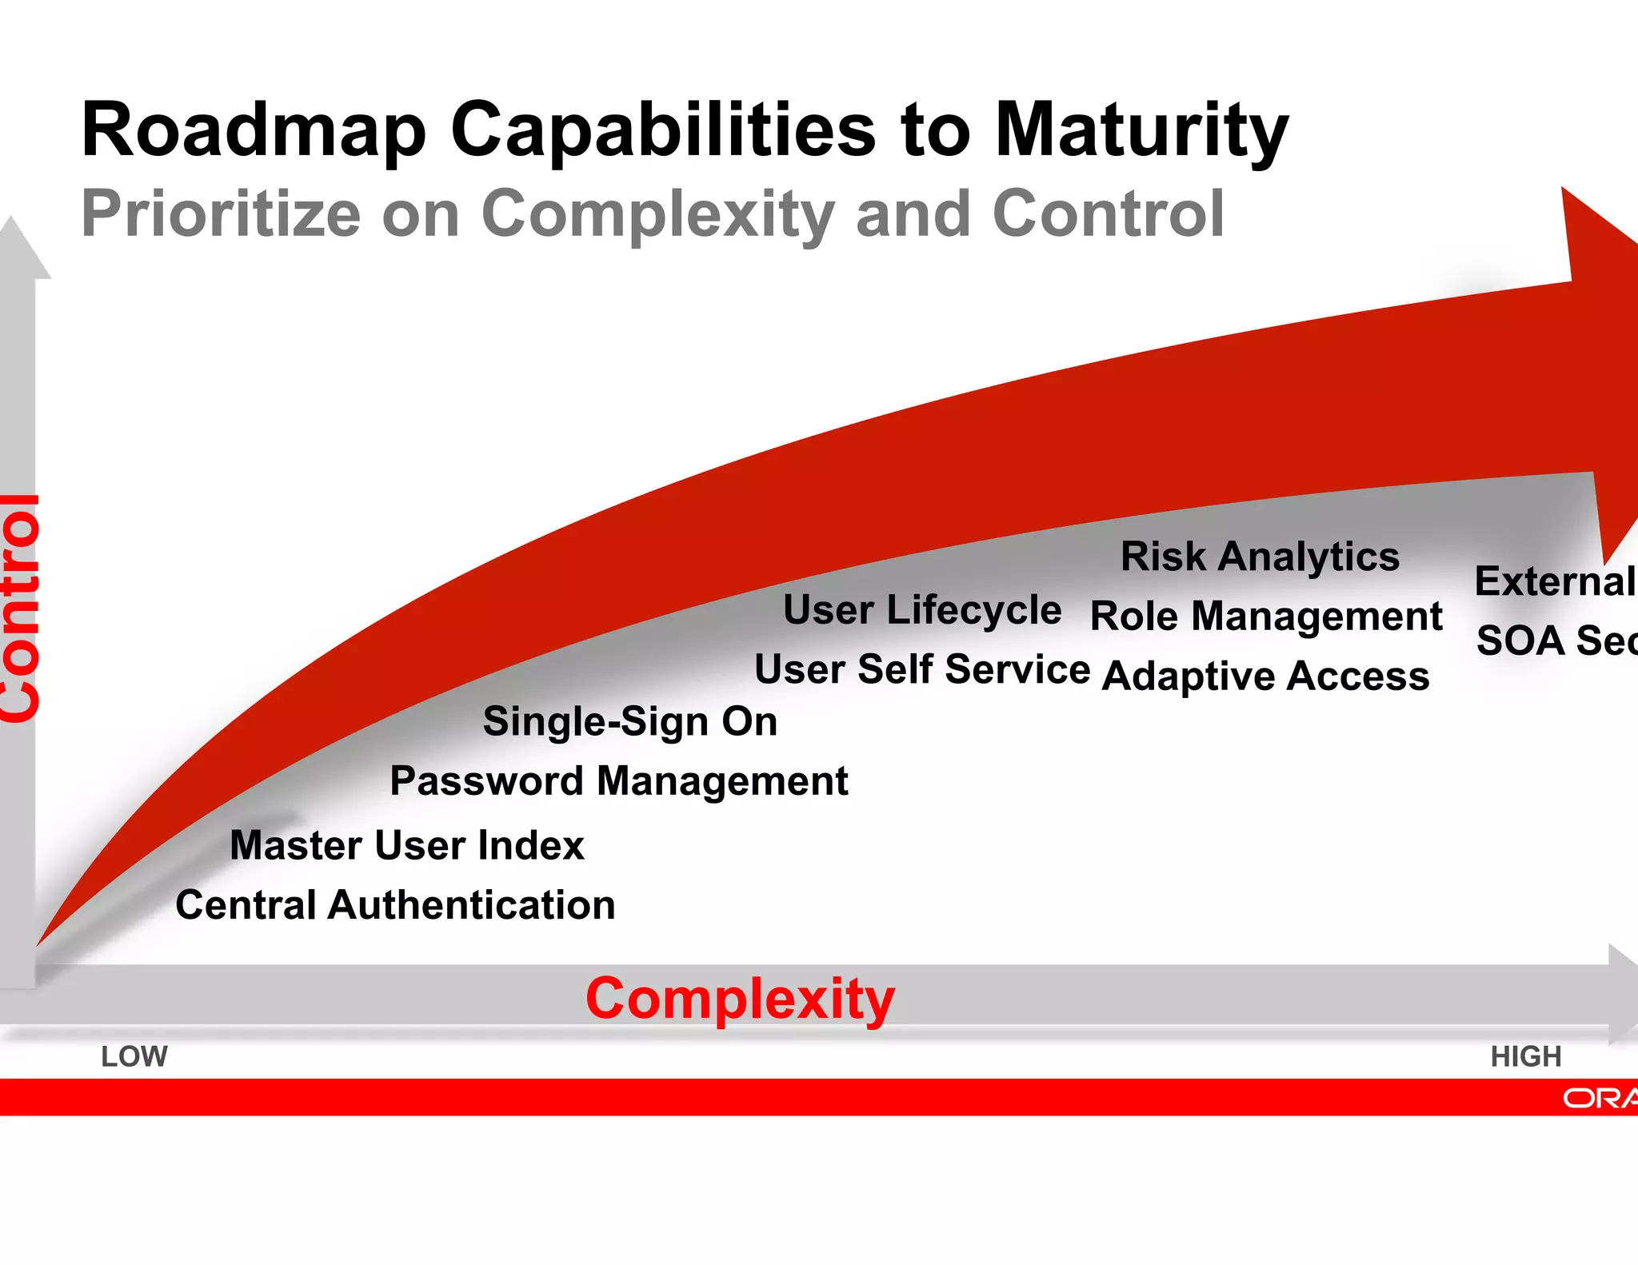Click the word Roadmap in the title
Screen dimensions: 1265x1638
click(x=254, y=130)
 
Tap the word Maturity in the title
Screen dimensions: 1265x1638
click(x=1141, y=130)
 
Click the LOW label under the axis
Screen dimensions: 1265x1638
click(x=134, y=1056)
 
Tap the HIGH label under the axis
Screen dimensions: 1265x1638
click(x=1525, y=1056)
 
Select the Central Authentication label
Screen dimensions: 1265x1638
click(x=395, y=905)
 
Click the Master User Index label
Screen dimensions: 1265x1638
click(x=407, y=845)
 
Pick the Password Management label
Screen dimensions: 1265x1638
click(x=618, y=780)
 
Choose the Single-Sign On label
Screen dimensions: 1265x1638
click(x=630, y=721)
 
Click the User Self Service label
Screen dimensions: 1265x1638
click(x=921, y=668)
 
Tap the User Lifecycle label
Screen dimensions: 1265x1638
click(x=921, y=610)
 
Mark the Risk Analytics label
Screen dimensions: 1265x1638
click(x=1260, y=556)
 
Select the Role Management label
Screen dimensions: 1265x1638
click(x=1266, y=617)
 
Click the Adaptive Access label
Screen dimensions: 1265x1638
click(x=1265, y=676)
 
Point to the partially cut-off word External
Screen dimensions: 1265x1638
click(x=1555, y=581)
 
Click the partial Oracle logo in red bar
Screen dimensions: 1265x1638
click(x=1600, y=1098)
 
